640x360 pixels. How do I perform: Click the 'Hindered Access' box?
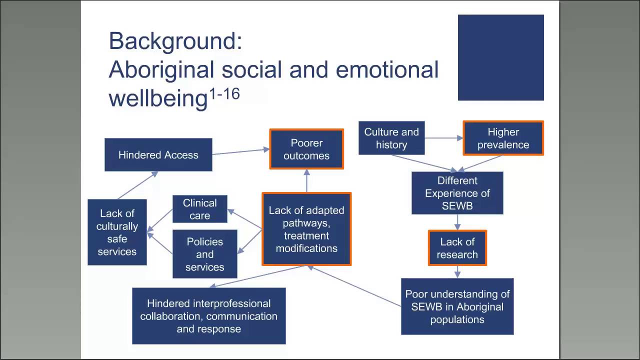158,155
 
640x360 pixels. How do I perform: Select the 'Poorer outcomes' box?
306,149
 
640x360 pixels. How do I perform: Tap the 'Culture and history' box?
391,138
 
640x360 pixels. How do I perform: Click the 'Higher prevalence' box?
503,138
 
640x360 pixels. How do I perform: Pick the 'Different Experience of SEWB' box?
457,193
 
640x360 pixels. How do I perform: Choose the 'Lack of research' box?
457,248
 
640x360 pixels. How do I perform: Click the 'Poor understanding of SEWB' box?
457,306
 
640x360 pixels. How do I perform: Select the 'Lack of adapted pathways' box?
306,229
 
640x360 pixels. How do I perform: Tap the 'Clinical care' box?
199,209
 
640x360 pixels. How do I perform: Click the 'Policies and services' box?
204,254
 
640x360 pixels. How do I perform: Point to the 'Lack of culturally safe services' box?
117,232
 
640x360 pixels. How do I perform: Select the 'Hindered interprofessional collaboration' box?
208,316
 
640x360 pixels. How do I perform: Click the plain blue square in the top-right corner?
500,57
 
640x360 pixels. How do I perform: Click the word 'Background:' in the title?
175,41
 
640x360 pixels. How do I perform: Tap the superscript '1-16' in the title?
224,93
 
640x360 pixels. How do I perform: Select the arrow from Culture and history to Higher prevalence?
443,138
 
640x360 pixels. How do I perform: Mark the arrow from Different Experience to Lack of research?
457,222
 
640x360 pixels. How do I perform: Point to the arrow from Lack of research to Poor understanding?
457,271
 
